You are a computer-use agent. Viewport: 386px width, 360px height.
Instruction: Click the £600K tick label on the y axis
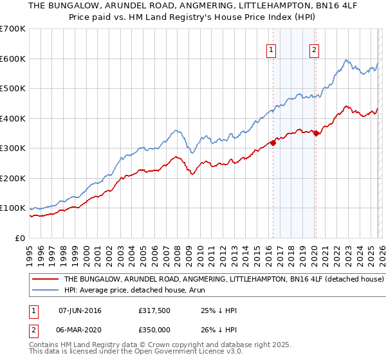[13, 59]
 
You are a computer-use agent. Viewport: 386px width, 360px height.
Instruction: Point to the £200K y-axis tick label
[13, 178]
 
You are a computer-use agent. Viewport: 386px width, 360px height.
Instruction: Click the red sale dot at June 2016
[273, 143]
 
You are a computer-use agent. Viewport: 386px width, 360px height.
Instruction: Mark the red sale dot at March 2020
[316, 133]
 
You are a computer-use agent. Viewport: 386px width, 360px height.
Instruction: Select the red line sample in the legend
[46, 280]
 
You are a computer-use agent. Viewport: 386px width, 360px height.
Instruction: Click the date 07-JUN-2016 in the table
[80, 310]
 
